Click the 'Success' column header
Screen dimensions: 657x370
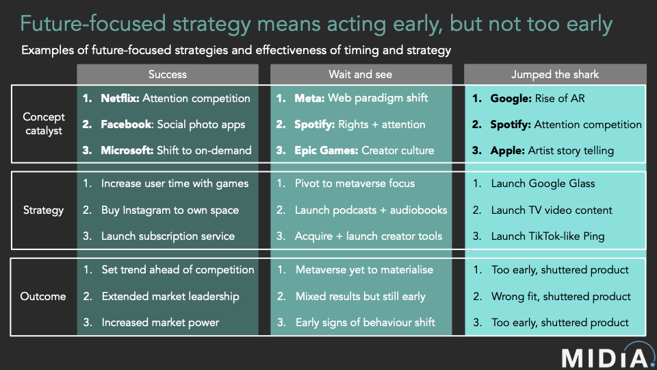tap(168, 75)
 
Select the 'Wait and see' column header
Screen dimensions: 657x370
tap(361, 75)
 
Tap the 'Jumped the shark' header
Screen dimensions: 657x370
tap(555, 75)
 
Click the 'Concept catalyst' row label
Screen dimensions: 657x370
tap(44, 124)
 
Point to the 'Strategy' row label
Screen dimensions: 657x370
tap(43, 210)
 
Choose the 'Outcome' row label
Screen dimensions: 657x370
tap(43, 296)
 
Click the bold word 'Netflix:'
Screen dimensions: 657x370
tap(120, 98)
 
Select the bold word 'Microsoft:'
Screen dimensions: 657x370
tap(127, 150)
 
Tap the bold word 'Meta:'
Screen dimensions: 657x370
tap(309, 98)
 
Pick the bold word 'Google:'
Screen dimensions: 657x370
tap(511, 99)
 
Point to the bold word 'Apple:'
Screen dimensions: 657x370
tap(507, 151)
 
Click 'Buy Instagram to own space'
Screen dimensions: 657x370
tap(170, 210)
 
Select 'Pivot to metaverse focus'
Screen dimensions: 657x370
tap(355, 184)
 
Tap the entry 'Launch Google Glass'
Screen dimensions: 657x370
tap(543, 184)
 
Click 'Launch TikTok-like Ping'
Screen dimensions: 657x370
tap(548, 236)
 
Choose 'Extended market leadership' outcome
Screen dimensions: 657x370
tap(170, 296)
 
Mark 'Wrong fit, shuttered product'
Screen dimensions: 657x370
tap(561, 297)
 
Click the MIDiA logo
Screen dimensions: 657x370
tap(608, 356)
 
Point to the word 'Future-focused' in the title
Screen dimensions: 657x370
tap(93, 23)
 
